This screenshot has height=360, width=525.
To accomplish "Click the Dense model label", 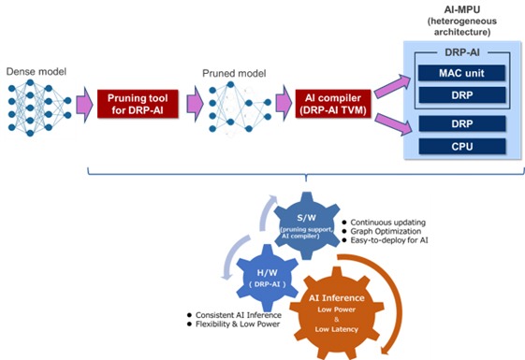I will pyautogui.click(x=34, y=71).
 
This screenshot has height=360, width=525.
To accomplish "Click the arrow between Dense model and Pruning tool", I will pyautogui.click(x=82, y=101).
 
